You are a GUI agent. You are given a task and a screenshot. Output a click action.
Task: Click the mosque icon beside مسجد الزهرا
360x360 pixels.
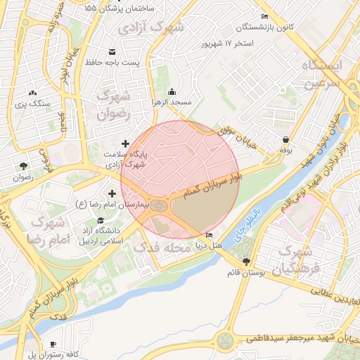pos(172,92)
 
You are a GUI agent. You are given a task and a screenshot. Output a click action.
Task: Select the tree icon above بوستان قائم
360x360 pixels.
pos(245,262)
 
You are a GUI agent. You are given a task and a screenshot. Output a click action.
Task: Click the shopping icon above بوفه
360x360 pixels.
pos(286,139)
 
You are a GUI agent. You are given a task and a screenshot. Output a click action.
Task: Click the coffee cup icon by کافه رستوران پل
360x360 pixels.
pos(53,344)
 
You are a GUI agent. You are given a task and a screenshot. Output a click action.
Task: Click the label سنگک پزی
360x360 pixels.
pos(33,103)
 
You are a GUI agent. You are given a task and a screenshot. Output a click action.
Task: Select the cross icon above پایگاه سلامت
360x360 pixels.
pos(126,143)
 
